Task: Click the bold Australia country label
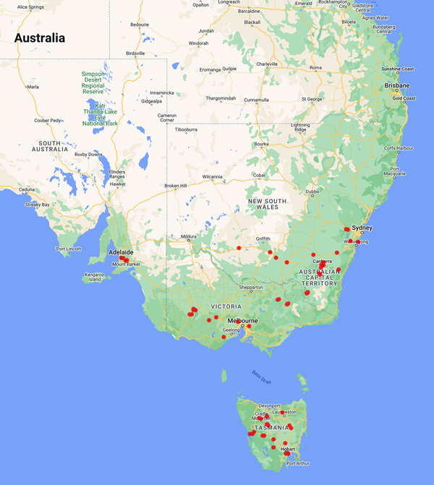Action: coord(40,38)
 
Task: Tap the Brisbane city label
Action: coord(396,85)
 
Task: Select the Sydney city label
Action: coord(363,228)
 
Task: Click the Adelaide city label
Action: coord(120,252)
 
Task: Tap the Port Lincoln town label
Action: coord(69,249)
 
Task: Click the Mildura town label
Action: coord(190,236)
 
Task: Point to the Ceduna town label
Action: coord(27,190)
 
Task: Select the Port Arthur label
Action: coord(298,463)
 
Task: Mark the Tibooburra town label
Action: coord(186,129)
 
